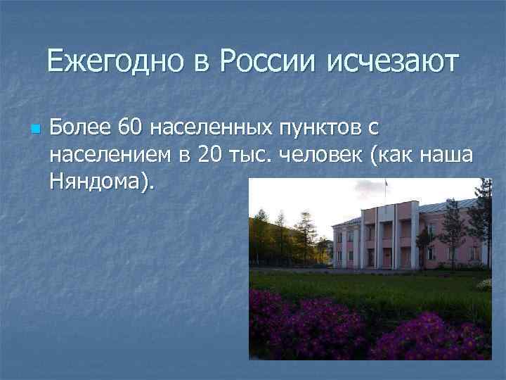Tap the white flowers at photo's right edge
484,284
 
